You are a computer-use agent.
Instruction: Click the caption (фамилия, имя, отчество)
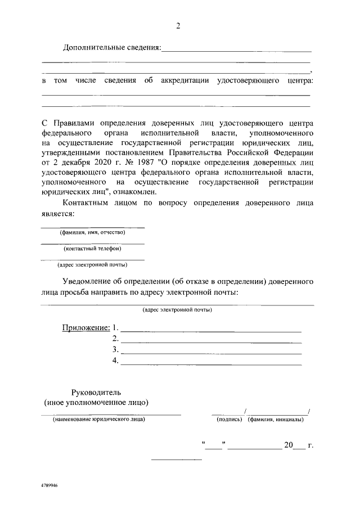93,232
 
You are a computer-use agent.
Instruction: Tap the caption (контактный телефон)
93,248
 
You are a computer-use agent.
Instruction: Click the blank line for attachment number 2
211,339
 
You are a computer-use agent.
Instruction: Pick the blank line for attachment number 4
211,362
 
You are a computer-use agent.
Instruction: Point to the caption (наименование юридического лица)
98,420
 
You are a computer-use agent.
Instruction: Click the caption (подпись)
229,420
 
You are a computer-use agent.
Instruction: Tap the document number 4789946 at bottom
49,484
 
